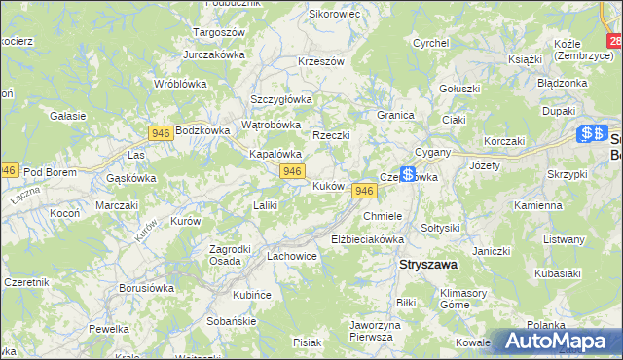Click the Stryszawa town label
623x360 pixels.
(x=429, y=264)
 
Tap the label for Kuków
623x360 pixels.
(x=327, y=185)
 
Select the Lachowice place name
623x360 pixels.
(x=292, y=256)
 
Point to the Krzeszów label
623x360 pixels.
(x=321, y=61)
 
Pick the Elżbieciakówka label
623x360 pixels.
(x=367, y=238)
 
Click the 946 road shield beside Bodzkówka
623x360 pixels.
(x=162, y=131)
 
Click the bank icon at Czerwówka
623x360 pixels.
(x=407, y=173)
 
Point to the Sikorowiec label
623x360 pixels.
(x=334, y=15)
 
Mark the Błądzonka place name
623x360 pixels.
(x=563, y=83)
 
